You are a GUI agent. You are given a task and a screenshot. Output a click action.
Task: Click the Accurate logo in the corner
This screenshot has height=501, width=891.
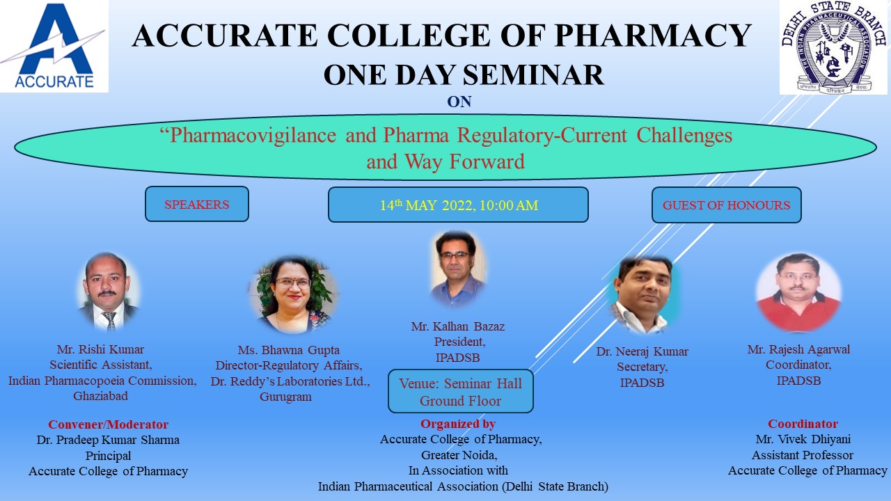54,46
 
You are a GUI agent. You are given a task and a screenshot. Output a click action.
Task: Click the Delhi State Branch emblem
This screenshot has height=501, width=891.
833,47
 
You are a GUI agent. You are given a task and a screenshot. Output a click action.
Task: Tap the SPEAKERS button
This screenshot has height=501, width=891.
197,205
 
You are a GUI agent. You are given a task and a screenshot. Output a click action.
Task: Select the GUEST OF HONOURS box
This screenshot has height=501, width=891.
726,205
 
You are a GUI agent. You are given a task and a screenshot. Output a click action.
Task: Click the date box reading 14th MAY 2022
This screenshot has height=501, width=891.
458,205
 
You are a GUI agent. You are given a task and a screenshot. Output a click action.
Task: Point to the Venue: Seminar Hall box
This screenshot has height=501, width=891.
460,392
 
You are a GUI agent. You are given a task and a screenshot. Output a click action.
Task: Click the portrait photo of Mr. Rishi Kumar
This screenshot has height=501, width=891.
107,291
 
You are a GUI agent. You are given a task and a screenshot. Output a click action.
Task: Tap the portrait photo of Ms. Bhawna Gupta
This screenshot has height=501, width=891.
293,294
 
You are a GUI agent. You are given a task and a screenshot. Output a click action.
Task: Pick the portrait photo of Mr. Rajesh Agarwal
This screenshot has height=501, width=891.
798,292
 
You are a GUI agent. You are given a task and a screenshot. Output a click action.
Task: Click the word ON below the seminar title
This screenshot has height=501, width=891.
459,102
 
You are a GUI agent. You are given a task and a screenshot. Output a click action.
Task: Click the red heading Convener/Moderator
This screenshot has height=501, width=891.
108,424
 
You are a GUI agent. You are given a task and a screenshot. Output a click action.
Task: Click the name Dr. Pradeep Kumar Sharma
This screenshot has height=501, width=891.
108,440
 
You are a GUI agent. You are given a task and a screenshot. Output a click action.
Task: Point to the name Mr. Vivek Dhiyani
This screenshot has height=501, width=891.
803,439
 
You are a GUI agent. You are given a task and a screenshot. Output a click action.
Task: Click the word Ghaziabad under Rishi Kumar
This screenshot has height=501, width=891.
102,396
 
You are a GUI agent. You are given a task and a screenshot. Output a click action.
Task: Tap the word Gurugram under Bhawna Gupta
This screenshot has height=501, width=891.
285,397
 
